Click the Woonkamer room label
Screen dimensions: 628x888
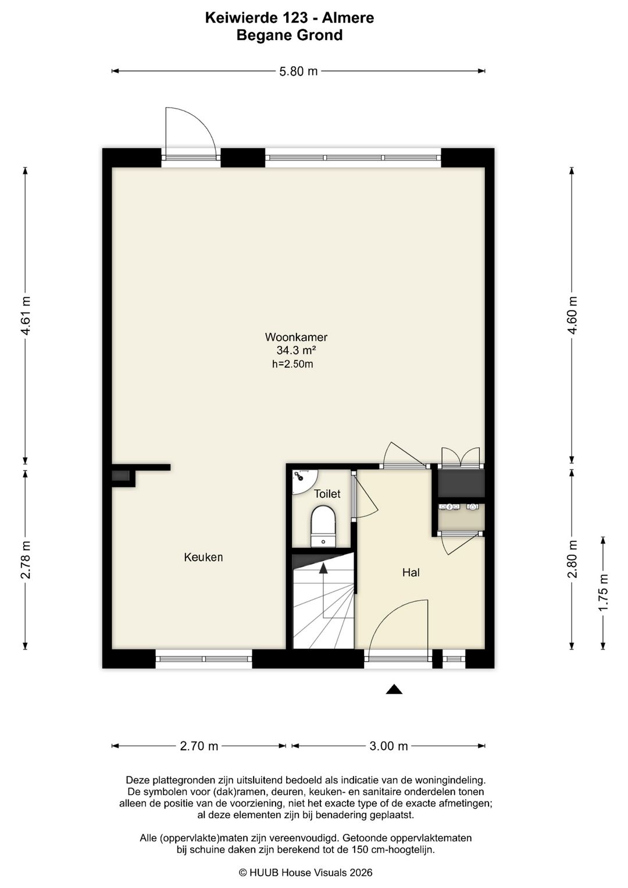[x=296, y=337]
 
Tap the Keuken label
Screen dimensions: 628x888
[x=204, y=557]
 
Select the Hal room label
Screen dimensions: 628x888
[x=411, y=572]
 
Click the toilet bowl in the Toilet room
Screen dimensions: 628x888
[x=323, y=526]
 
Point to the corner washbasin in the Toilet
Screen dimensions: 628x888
[x=303, y=480]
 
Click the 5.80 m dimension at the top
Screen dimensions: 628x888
[x=298, y=72]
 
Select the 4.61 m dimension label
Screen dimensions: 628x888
[x=26, y=316]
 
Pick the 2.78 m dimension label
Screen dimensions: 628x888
[x=26, y=559]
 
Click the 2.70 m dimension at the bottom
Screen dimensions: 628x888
[x=199, y=746]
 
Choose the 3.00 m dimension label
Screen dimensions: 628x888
[x=388, y=746]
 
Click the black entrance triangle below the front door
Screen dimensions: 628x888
[x=394, y=689]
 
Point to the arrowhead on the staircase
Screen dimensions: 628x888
[x=323, y=568]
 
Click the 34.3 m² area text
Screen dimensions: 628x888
[x=296, y=351]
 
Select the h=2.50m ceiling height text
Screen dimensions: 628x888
[x=292, y=364]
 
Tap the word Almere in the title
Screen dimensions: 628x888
[x=348, y=18]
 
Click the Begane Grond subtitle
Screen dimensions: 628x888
[x=290, y=35]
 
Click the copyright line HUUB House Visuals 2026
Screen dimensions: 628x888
[x=306, y=872]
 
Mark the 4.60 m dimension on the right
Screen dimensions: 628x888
[x=572, y=316]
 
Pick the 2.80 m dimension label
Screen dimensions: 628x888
[x=572, y=559]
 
